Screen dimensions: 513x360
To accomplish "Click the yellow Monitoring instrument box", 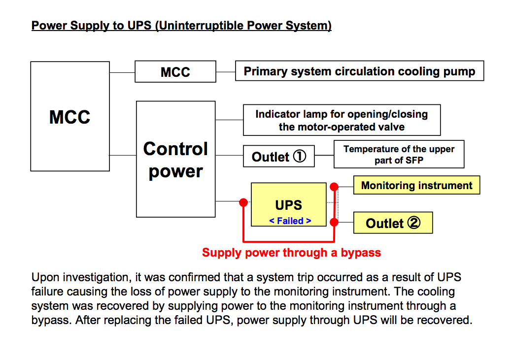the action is click(x=416, y=185).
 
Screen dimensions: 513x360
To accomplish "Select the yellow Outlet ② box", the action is click(x=393, y=223).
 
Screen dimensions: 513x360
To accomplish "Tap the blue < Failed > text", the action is click(x=290, y=221).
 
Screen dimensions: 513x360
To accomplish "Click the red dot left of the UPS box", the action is click(x=243, y=202).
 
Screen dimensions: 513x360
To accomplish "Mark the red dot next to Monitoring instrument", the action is click(x=334, y=187).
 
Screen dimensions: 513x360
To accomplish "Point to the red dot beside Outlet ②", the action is click(x=334, y=222).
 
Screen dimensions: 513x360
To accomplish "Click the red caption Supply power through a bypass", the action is click(x=292, y=253).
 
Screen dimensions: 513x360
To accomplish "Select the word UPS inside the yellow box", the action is click(x=289, y=205).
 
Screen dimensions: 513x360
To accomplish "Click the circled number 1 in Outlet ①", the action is click(x=299, y=156).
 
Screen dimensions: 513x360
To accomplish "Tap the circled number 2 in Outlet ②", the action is click(x=414, y=223).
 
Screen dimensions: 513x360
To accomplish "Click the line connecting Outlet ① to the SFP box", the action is click(x=324, y=155).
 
